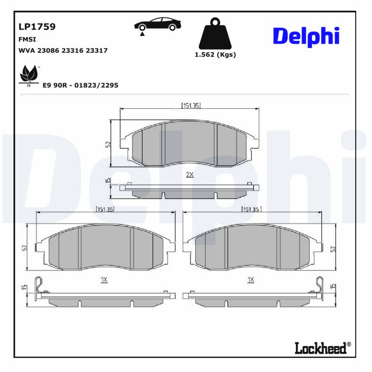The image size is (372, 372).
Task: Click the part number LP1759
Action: pyautogui.click(x=37, y=27)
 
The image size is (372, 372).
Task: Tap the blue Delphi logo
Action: pyautogui.click(x=306, y=36)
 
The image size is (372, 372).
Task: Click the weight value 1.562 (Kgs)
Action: pyautogui.click(x=215, y=54)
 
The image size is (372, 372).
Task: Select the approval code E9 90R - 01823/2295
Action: pyautogui.click(x=80, y=85)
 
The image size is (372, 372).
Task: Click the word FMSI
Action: pyautogui.click(x=27, y=40)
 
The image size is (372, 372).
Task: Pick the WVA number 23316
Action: pyautogui.click(x=77, y=50)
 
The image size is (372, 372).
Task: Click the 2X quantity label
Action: pyautogui.click(x=190, y=174)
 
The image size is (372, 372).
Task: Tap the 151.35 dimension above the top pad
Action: pyautogui.click(x=191, y=106)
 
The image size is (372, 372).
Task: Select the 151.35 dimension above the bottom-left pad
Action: pyautogui.click(x=106, y=209)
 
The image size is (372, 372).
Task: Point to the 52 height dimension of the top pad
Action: pyautogui.click(x=107, y=144)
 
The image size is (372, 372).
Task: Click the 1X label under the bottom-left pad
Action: pyautogui.click(x=104, y=279)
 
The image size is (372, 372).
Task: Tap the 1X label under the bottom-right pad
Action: pyautogui.click(x=251, y=279)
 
